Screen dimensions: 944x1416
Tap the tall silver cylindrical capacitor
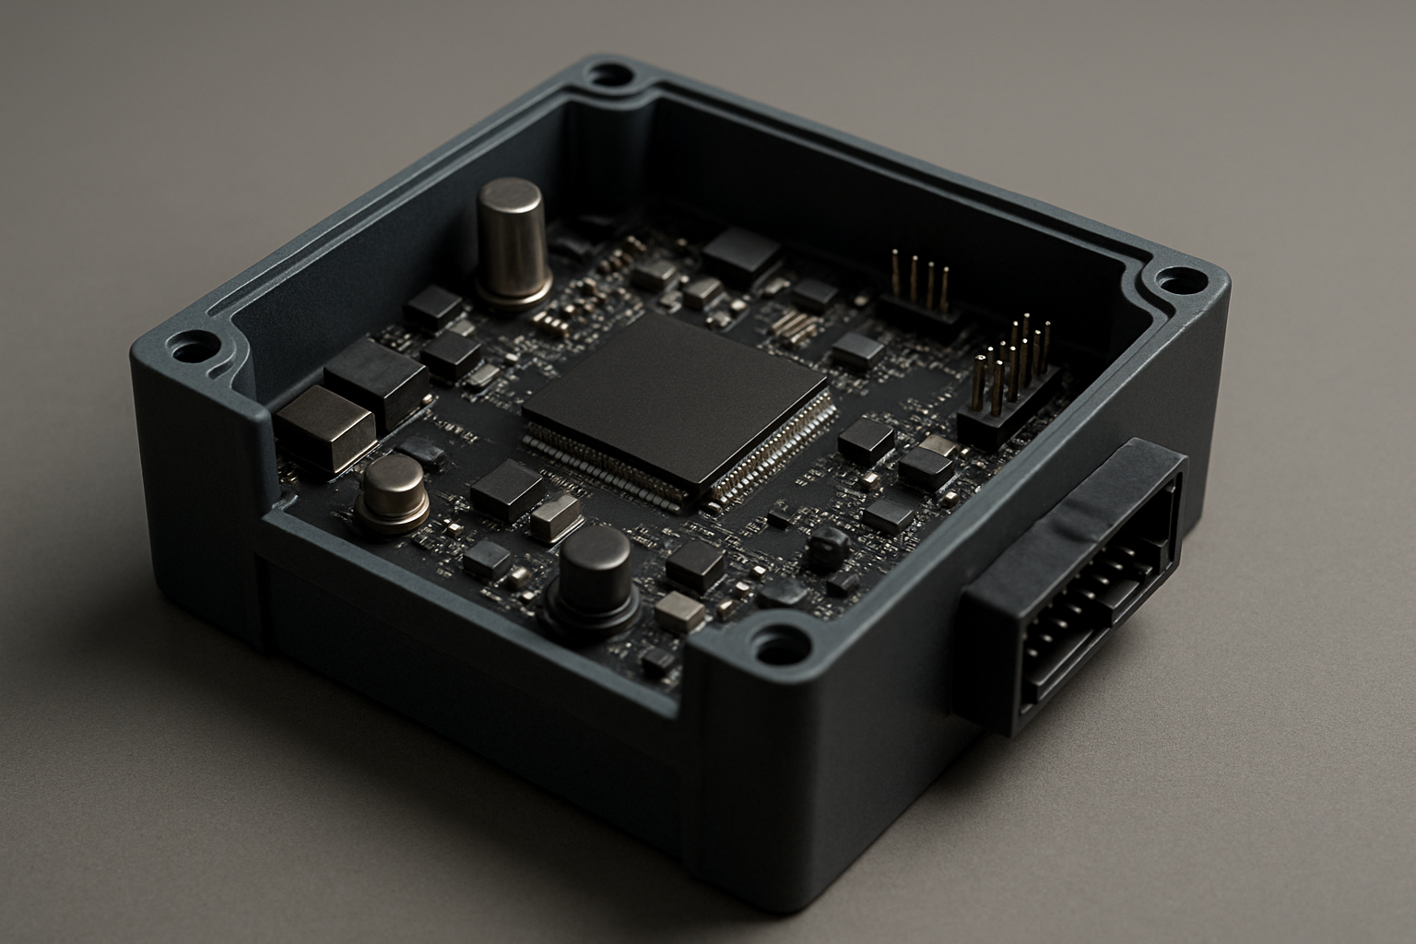point(513,244)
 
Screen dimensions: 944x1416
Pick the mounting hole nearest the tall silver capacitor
point(608,73)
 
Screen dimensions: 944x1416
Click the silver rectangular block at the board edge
point(324,427)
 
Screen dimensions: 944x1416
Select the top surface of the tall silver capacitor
point(511,193)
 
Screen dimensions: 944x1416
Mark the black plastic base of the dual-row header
point(1005,419)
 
